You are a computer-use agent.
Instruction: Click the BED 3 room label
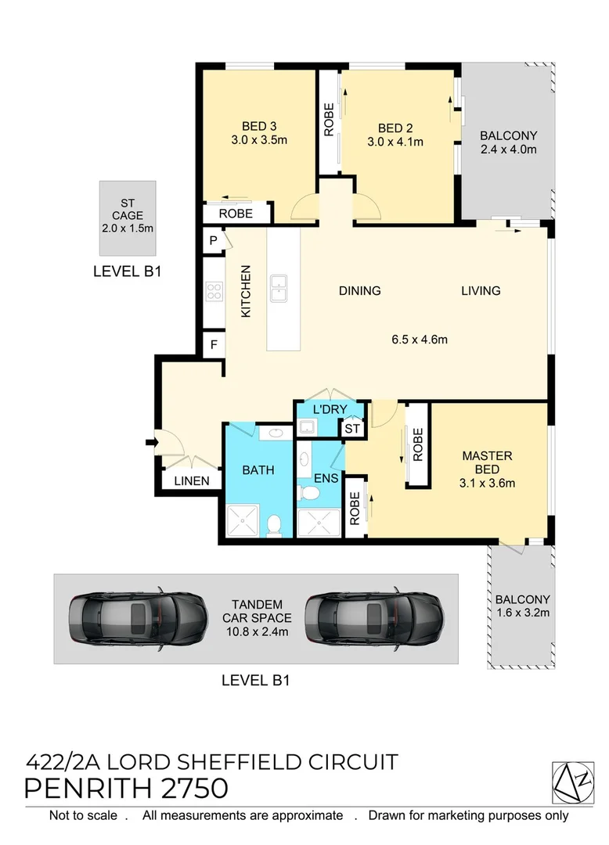[259, 126]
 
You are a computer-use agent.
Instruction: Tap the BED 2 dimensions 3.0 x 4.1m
[395, 142]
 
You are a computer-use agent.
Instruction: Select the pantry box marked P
[214, 240]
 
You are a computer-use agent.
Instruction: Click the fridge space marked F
[214, 345]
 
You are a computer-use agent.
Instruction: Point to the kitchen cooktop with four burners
[214, 292]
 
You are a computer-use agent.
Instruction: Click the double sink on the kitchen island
[279, 288]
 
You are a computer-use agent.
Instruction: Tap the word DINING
[359, 291]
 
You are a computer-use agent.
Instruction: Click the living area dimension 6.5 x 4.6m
[420, 340]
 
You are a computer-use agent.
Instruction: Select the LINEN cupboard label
[192, 480]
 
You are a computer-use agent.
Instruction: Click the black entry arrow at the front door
[151, 442]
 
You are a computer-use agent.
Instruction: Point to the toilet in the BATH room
[274, 526]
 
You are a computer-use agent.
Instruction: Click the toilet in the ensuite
[309, 493]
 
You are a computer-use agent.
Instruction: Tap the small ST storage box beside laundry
[352, 429]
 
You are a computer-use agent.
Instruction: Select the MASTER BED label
[487, 462]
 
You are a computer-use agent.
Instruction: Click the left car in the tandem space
[139, 618]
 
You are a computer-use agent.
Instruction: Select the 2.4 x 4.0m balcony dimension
[508, 149]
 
